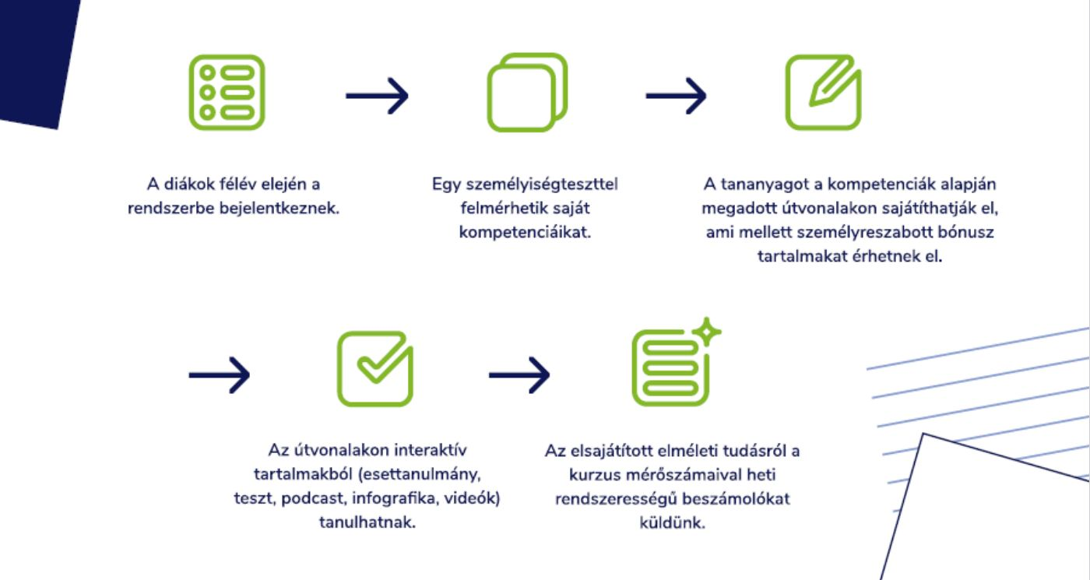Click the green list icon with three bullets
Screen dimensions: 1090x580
point(227,93)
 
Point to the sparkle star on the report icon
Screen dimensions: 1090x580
point(707,332)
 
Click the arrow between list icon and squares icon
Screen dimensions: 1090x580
point(377,96)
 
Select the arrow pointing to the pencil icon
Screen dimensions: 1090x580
point(676,96)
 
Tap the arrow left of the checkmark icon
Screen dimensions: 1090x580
point(220,374)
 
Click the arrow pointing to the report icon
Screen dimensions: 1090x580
point(519,374)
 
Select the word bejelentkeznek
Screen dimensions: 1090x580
point(279,209)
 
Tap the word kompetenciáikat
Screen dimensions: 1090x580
point(525,232)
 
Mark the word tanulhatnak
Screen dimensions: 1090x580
point(367,522)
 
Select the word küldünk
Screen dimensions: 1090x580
point(672,522)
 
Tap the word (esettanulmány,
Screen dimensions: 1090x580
point(420,474)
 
